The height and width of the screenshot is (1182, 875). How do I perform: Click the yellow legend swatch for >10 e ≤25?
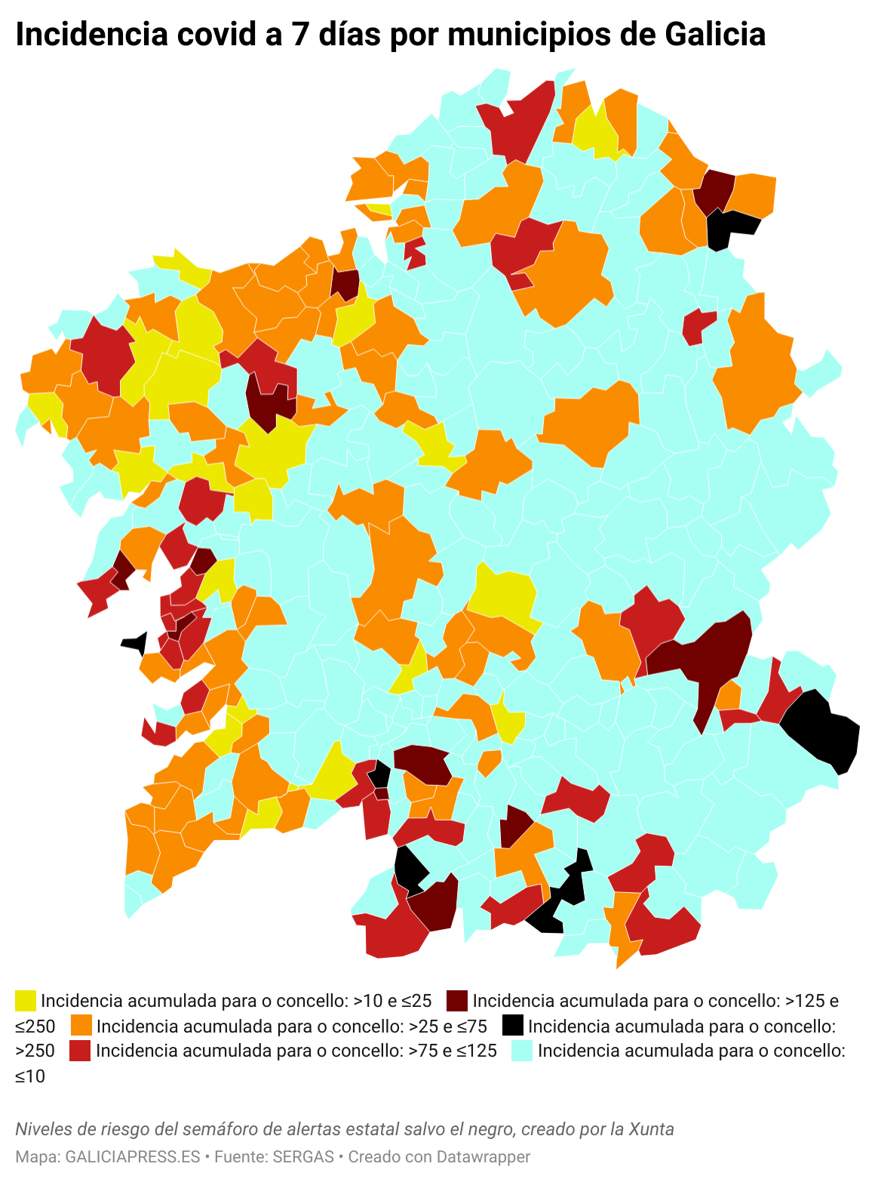[x=26, y=1001]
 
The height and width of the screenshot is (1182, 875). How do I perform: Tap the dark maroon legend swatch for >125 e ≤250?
[x=457, y=1001]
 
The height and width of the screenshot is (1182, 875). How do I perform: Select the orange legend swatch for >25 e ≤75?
[x=81, y=1026]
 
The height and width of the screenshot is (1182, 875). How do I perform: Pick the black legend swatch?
[x=513, y=1026]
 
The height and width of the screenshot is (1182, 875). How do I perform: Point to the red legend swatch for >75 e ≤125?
[x=80, y=1051]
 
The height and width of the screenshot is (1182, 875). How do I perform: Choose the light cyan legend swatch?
[x=522, y=1051]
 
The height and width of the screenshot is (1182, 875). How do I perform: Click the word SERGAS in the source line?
[x=303, y=1157]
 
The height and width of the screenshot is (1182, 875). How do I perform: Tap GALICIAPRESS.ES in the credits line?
[x=133, y=1157]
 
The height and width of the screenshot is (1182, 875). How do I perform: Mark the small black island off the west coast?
[x=136, y=643]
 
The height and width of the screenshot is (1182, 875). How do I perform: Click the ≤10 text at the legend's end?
[x=30, y=1076]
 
